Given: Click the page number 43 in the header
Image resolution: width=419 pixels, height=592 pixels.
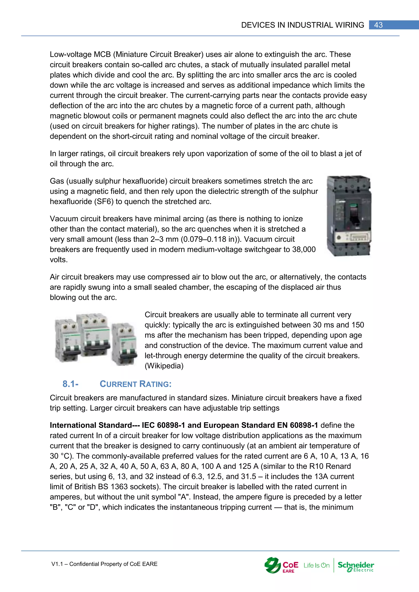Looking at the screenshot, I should click(x=378, y=25).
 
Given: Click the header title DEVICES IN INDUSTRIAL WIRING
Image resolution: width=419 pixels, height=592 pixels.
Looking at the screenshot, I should click(x=302, y=25).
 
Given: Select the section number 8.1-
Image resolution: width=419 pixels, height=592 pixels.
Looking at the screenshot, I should click(x=70, y=384).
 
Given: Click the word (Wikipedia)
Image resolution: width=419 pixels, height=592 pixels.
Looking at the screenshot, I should click(x=164, y=366).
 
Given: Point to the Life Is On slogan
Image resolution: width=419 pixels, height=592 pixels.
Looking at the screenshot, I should click(x=316, y=565).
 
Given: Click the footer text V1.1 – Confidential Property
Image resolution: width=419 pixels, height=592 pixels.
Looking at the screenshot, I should click(x=104, y=564).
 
